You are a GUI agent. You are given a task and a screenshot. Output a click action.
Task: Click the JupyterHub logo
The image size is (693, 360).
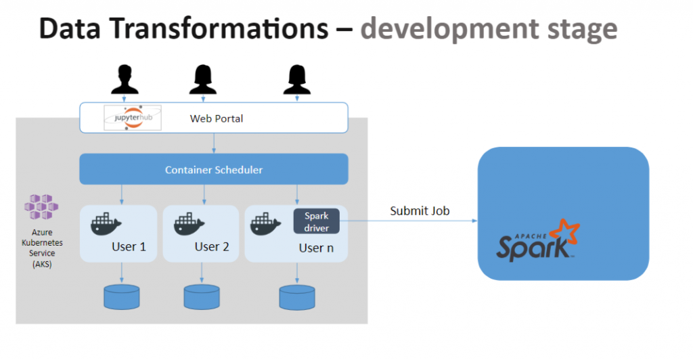point(133,118)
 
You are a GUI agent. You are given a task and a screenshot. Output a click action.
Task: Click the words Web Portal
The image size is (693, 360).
point(216,118)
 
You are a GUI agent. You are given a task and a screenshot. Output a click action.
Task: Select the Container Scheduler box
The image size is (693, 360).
point(214,169)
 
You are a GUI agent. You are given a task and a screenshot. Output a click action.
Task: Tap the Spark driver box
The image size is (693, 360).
point(316,221)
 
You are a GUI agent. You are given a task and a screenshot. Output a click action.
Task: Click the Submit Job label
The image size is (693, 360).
point(420,211)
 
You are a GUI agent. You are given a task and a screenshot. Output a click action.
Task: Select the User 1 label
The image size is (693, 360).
point(129,247)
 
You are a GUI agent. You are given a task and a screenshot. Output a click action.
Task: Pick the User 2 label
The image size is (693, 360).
point(212,247)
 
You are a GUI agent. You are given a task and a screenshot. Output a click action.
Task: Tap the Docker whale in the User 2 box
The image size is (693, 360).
point(189,224)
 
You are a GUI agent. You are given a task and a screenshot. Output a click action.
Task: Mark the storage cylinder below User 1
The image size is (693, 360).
point(122,297)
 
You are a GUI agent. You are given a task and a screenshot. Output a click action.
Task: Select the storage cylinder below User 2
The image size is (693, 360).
point(202,297)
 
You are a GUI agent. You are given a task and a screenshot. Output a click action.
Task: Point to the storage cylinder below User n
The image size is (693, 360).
point(297,297)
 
